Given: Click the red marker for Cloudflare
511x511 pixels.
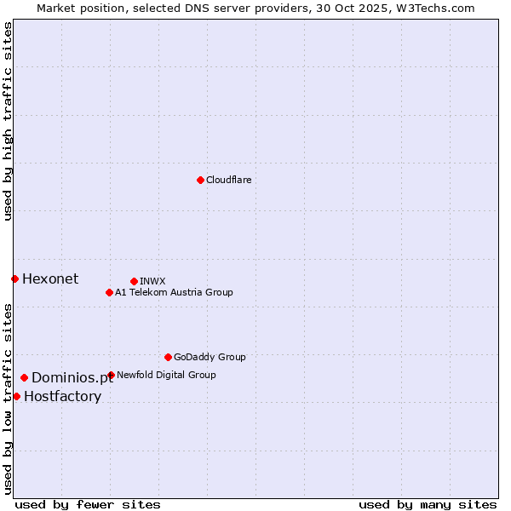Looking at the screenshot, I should click(x=200, y=180).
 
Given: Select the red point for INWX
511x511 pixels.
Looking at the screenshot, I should click(x=134, y=281).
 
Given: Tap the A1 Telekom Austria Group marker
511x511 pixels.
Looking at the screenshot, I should click(x=109, y=292).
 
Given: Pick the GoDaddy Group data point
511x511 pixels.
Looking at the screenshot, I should click(x=168, y=357).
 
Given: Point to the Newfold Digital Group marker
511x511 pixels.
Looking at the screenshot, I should click(x=111, y=375).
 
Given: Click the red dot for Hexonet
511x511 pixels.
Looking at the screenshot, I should click(x=14, y=278).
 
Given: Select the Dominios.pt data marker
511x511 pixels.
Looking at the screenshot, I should click(x=24, y=377).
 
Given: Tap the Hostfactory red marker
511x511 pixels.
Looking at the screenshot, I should click(x=16, y=396).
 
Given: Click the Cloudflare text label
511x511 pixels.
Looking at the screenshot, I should click(x=228, y=180).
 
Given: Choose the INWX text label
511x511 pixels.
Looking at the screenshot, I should click(x=152, y=281).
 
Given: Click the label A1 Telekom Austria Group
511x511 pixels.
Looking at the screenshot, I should click(x=174, y=292).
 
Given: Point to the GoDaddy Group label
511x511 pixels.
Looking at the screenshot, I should click(x=210, y=357).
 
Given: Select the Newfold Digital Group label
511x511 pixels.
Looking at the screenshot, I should click(x=166, y=375).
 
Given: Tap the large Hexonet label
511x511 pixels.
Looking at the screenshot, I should click(x=50, y=278).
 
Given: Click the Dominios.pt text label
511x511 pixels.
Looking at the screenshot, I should click(x=72, y=377).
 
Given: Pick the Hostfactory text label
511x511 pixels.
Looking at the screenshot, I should click(x=62, y=396).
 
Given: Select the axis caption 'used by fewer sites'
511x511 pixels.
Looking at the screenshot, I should click(x=88, y=504).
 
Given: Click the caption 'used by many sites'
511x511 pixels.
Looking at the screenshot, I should click(x=428, y=504).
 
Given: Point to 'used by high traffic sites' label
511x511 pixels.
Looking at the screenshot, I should click(x=8, y=121).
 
